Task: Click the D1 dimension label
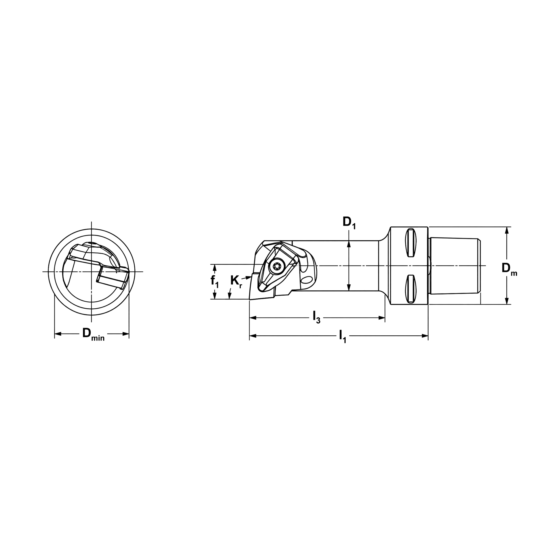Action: pyautogui.click(x=349, y=222)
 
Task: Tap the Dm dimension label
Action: pyautogui.click(x=509, y=269)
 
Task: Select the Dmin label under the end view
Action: pyautogui.click(x=93, y=334)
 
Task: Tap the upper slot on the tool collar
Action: pyautogui.click(x=411, y=242)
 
